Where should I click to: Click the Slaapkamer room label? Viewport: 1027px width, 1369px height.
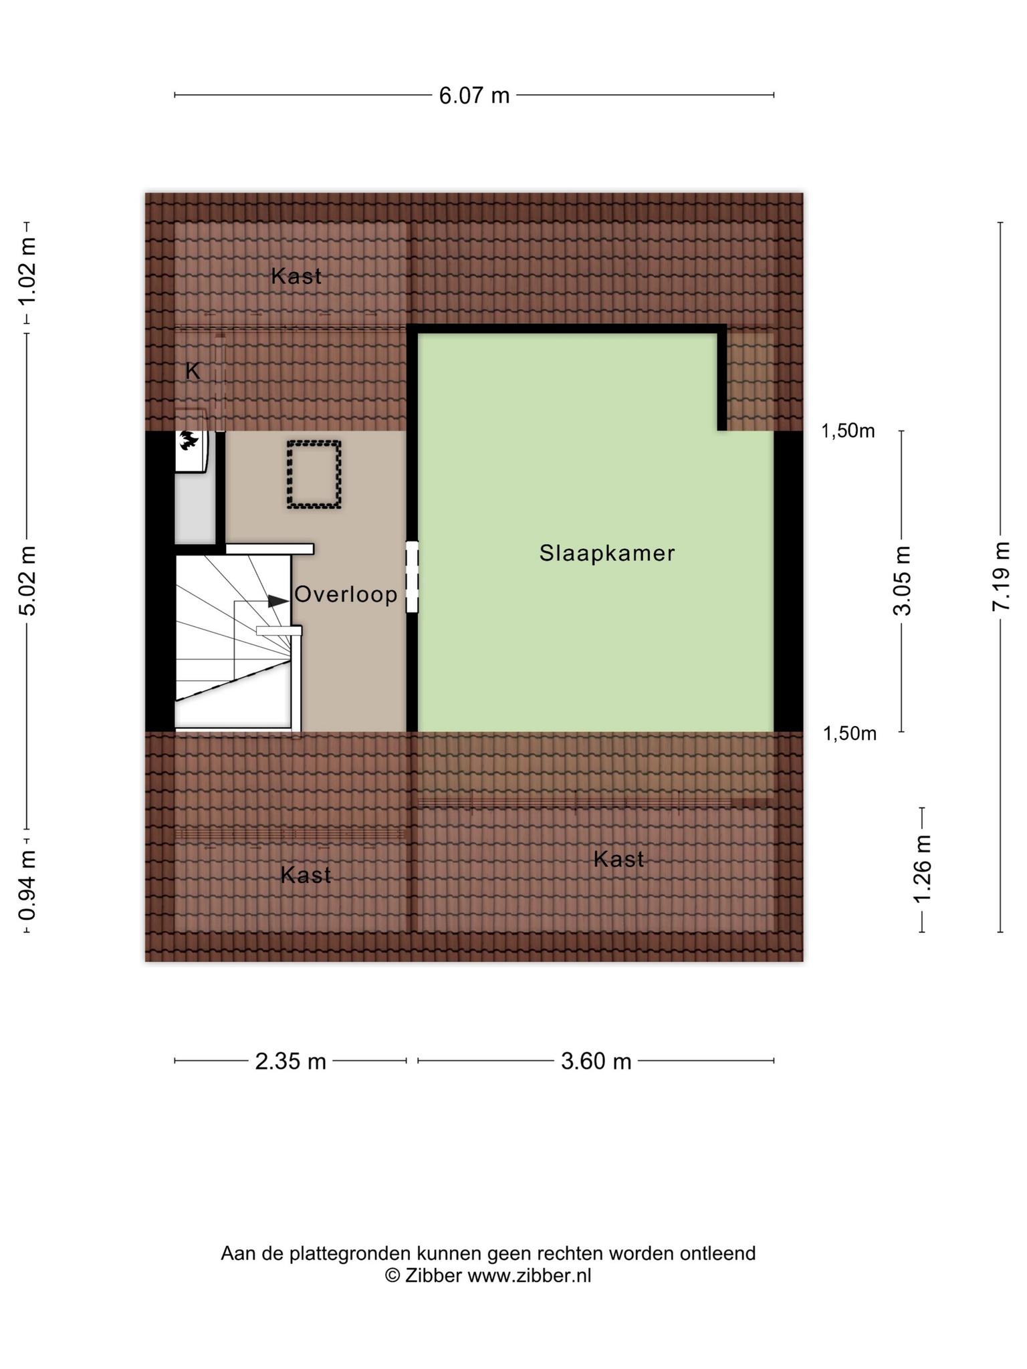(607, 553)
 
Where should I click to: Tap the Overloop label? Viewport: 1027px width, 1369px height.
(346, 594)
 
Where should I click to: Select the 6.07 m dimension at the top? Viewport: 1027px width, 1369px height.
(474, 96)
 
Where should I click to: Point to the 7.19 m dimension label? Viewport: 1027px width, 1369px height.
(1001, 576)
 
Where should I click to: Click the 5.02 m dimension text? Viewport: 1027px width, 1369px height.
(27, 581)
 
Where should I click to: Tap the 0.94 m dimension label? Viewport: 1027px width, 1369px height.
(27, 884)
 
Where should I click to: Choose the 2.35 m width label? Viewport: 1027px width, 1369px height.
(291, 1061)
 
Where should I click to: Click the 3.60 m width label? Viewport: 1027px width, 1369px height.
(596, 1061)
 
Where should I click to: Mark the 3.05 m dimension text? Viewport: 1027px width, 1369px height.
(902, 580)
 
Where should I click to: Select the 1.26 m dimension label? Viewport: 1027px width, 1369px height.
(923, 869)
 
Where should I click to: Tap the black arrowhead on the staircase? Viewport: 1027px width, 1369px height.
(278, 601)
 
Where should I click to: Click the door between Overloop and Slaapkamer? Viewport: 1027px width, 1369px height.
(413, 577)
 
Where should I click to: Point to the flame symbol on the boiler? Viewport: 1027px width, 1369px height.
(187, 441)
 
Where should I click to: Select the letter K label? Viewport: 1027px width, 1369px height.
(193, 371)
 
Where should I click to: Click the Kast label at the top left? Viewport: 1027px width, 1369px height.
(296, 276)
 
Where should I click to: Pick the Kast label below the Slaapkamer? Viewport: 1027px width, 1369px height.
(619, 859)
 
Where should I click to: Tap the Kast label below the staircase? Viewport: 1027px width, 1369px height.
(306, 874)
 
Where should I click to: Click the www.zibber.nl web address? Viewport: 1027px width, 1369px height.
(530, 1276)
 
